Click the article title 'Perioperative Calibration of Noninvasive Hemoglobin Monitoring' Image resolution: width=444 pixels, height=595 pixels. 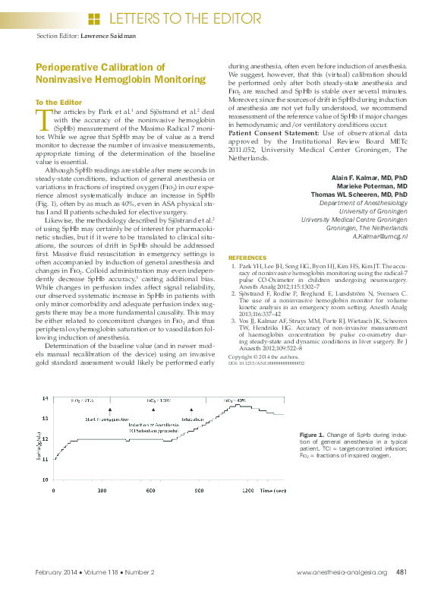(x=120, y=74)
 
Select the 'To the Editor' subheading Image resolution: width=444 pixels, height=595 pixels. (x=59, y=102)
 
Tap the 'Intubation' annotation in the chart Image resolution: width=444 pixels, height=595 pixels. (x=193, y=419)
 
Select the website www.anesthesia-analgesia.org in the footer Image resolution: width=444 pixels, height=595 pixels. (x=342, y=572)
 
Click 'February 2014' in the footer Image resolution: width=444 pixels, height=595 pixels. (x=55, y=572)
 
